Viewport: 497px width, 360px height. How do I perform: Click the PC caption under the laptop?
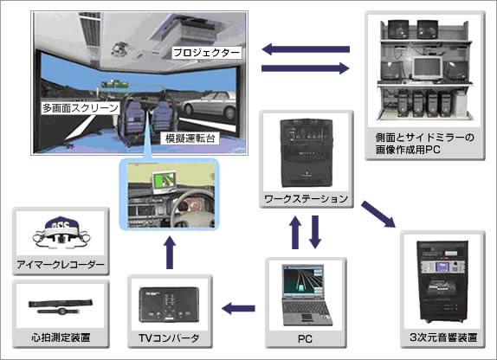click(x=302, y=335)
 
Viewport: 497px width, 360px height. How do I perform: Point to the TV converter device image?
click(x=169, y=300)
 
